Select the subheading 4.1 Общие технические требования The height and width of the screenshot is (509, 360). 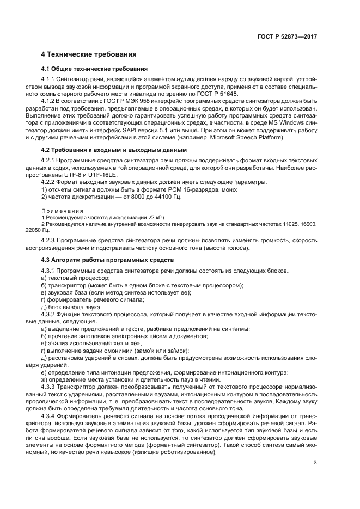click(x=87, y=70)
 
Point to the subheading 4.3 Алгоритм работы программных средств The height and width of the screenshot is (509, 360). click(x=107, y=260)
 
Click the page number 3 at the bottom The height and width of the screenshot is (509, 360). click(x=315, y=463)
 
